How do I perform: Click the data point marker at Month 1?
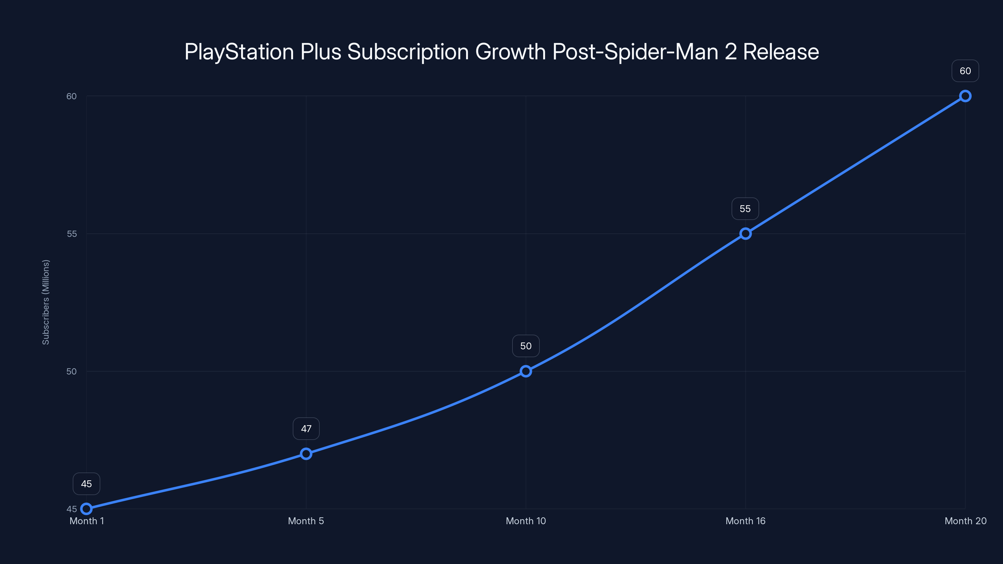pos(87,509)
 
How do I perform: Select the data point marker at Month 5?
pos(306,454)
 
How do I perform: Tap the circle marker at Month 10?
pos(526,371)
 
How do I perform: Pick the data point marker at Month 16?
pos(745,233)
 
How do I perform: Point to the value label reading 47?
pos(306,429)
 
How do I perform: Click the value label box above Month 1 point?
pos(87,484)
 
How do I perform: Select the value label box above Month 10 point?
pos(526,346)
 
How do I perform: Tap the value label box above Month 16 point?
pos(745,209)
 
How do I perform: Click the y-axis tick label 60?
pos(72,96)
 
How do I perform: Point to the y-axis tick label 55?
pos(72,233)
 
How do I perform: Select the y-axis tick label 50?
pos(72,371)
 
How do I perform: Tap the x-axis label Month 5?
pos(306,521)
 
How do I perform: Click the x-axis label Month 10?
pos(526,521)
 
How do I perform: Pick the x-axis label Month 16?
pos(745,521)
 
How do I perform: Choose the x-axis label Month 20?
pos(965,521)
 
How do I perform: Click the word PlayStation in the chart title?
pos(239,52)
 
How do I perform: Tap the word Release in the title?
pos(781,52)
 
